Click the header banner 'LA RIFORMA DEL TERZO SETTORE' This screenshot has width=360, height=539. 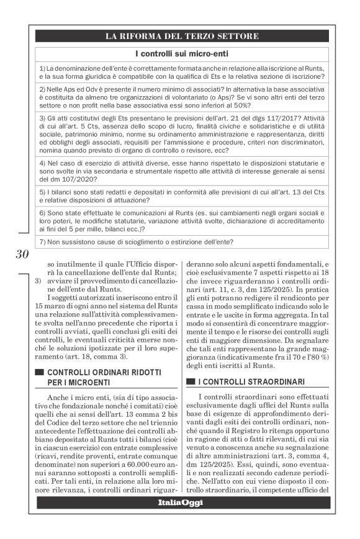click(x=182, y=37)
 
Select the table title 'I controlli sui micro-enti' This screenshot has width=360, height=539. click(x=182, y=55)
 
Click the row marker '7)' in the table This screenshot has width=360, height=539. click(x=42, y=241)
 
